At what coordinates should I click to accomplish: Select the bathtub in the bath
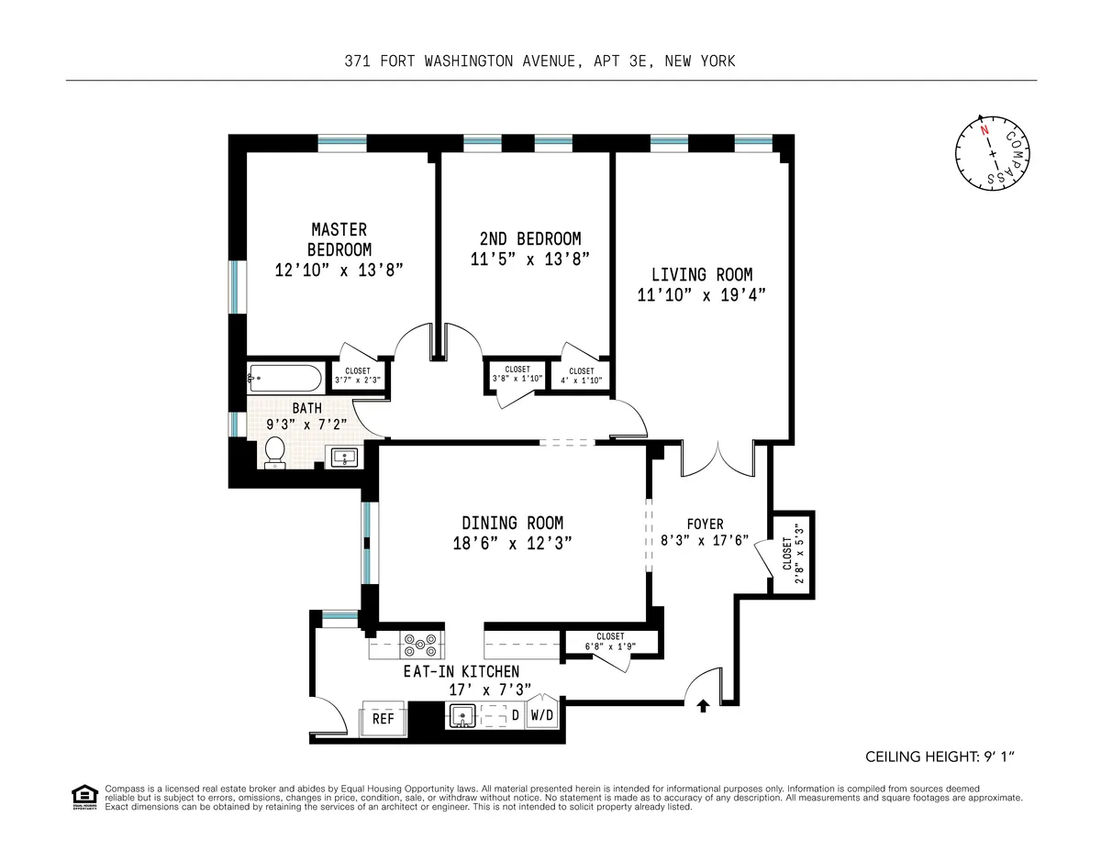click(x=284, y=378)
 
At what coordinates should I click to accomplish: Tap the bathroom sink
click(x=345, y=457)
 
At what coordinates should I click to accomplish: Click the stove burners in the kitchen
click(x=422, y=645)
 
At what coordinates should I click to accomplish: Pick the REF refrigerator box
click(x=383, y=718)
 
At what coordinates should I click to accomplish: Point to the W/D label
click(x=542, y=715)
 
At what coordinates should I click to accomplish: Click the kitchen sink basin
click(x=462, y=715)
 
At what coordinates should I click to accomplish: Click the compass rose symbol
click(x=990, y=155)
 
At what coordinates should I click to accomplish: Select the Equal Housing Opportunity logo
click(x=84, y=797)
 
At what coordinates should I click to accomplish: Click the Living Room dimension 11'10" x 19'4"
click(x=702, y=294)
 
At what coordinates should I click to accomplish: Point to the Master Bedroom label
click(x=339, y=238)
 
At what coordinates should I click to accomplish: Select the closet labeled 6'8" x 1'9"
click(x=610, y=641)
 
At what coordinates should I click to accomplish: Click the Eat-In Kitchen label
click(x=462, y=671)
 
